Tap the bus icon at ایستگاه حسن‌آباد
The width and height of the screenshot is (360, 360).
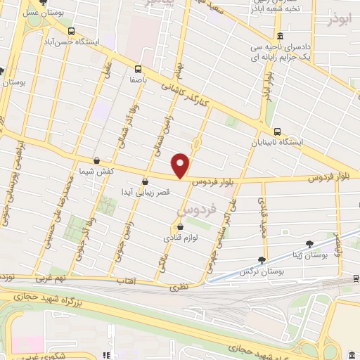pos(71,31)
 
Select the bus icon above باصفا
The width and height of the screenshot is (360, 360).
pos(138,69)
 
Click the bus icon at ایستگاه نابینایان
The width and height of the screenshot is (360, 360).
pos(277,131)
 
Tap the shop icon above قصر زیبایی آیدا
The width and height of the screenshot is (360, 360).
pos(145,181)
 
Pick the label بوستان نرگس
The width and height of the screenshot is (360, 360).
pos(255,271)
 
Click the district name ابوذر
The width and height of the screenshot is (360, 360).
pos(338,20)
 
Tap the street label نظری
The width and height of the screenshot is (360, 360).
pos(179,287)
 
